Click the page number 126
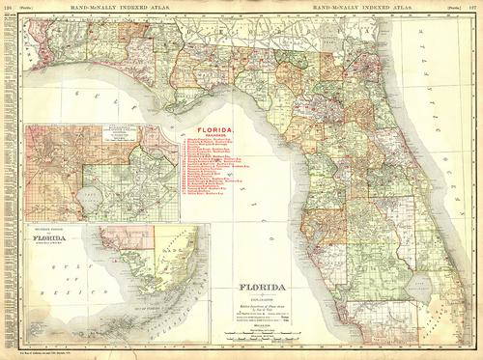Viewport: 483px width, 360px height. pyautogui.click(x=7, y=6)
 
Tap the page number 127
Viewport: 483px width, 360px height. pyautogui.click(x=474, y=6)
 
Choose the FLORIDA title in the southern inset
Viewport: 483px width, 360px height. pyautogui.click(x=43, y=236)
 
